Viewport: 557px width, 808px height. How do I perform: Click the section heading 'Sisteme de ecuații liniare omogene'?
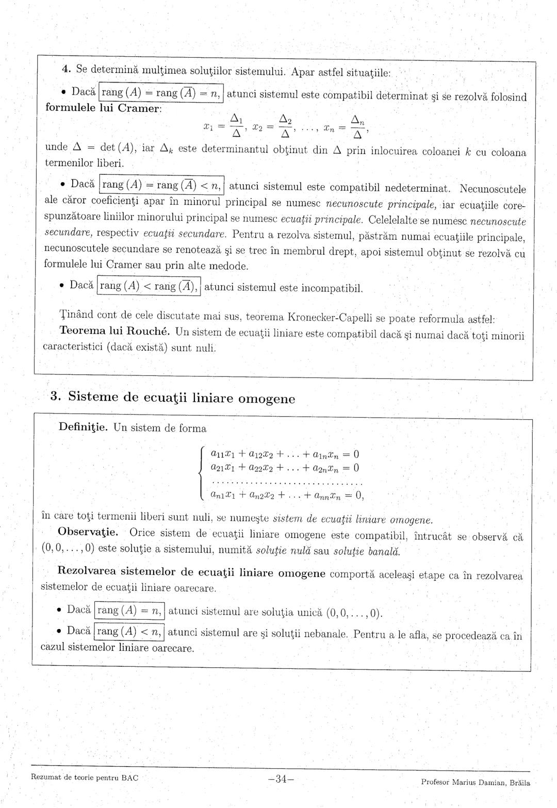(182, 398)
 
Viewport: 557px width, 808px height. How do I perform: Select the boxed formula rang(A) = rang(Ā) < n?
(162, 185)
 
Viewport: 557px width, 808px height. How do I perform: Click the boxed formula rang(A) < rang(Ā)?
(149, 286)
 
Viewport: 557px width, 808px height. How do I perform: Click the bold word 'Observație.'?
(88, 532)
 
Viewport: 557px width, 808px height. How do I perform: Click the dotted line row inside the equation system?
(287, 484)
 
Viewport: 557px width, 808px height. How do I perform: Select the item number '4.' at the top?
(66, 69)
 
